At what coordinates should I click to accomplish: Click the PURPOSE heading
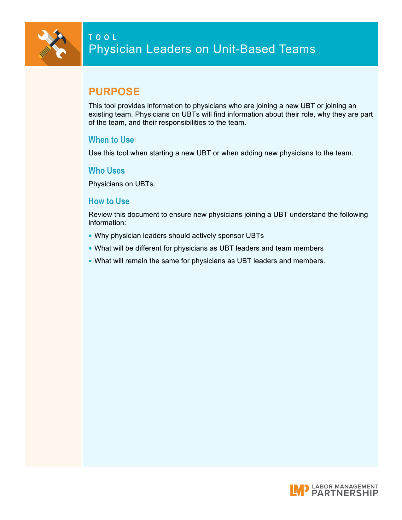click(x=114, y=91)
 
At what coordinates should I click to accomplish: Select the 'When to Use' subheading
click(x=111, y=140)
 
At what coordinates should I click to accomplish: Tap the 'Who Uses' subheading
click(x=107, y=170)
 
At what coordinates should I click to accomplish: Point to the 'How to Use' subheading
click(x=109, y=201)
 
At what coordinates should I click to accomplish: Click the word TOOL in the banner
click(x=102, y=38)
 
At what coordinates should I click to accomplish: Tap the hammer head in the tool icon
click(x=60, y=36)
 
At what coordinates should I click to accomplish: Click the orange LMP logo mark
click(x=299, y=490)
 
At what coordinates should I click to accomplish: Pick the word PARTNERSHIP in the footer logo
click(x=345, y=493)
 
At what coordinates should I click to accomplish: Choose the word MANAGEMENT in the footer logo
click(x=356, y=487)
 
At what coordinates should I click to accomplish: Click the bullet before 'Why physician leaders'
click(x=90, y=236)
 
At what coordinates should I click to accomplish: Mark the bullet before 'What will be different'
click(x=90, y=248)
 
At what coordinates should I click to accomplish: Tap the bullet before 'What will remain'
click(x=90, y=261)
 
